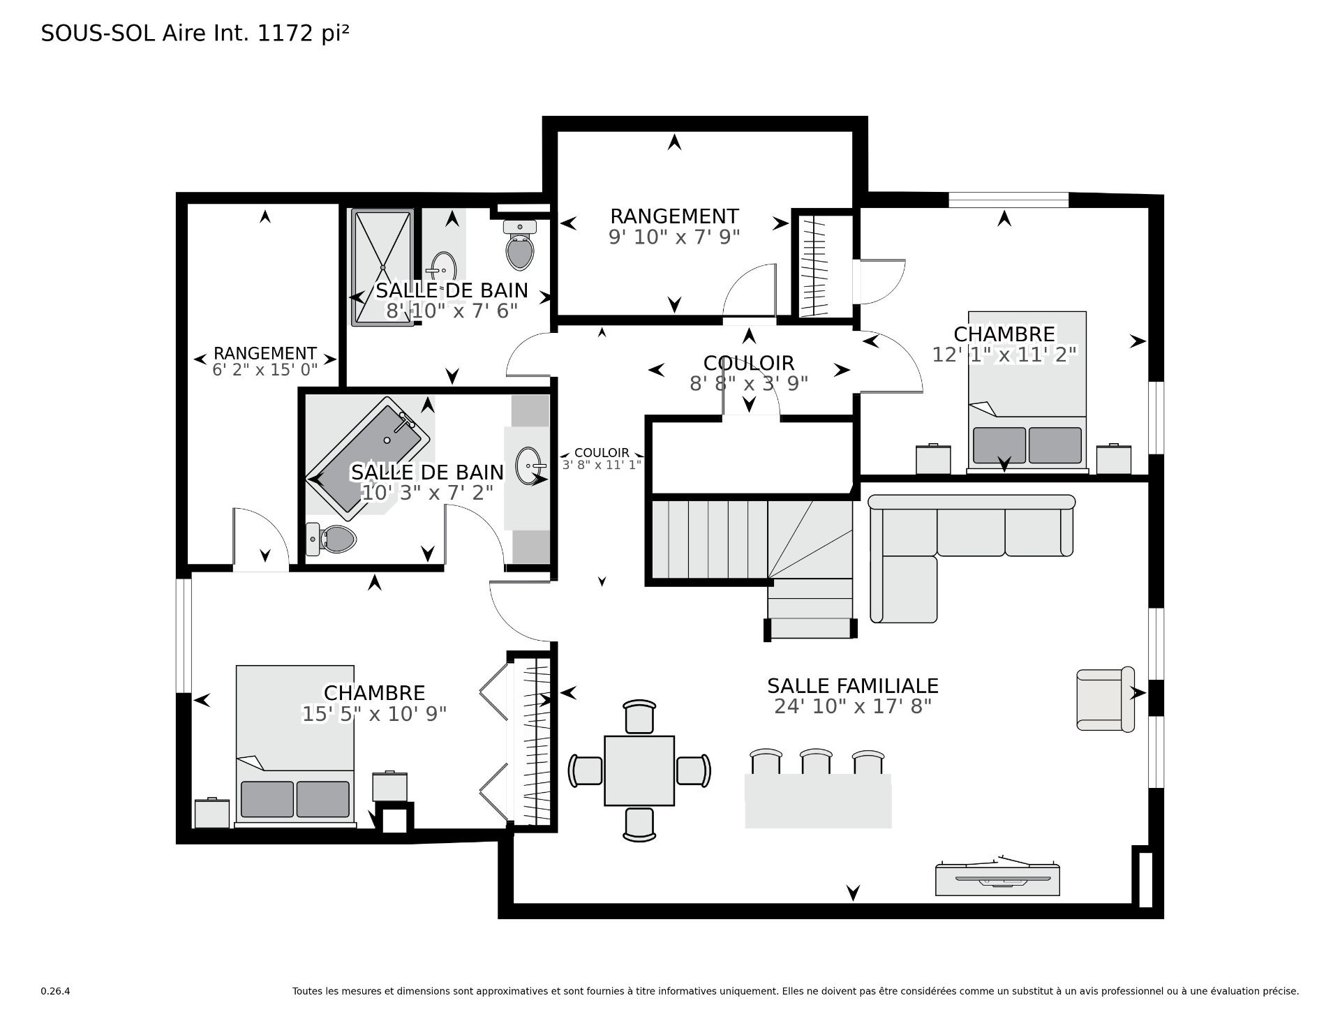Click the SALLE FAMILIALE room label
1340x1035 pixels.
[x=852, y=686]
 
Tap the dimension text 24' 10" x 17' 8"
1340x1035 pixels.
[x=853, y=707]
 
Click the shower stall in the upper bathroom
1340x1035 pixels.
[x=382, y=267]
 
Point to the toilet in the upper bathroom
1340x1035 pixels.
[x=520, y=245]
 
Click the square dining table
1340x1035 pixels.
[x=639, y=770]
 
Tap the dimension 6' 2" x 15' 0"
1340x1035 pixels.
[x=265, y=370]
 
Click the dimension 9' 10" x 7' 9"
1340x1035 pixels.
[x=674, y=237]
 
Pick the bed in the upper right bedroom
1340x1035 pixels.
[x=1027, y=392]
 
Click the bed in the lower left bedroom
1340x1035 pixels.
[x=295, y=745]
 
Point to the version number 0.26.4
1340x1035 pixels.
[x=56, y=991]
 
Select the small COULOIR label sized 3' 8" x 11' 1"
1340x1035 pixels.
[x=602, y=459]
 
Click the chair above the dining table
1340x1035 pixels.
[x=640, y=717]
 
